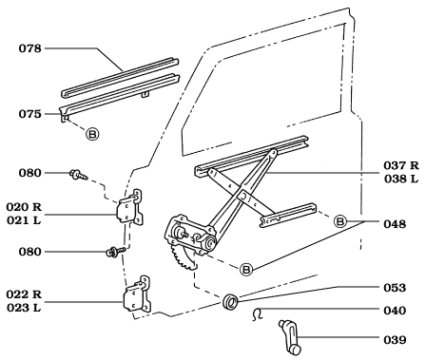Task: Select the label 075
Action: point(28,113)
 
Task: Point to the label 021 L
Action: point(31,218)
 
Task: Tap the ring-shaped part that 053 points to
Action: point(230,303)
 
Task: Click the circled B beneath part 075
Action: point(92,133)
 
